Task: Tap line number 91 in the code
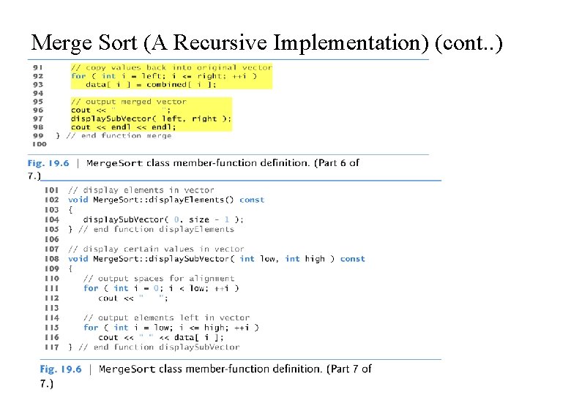tap(38, 67)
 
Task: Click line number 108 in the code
tap(51, 259)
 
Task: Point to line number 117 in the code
tap(51, 347)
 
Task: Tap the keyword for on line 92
tap(78, 76)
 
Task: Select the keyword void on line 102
tap(78, 200)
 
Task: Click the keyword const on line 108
tap(352, 259)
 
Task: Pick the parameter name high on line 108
tap(315, 259)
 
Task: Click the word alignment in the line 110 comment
tap(210, 279)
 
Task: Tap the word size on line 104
tap(198, 219)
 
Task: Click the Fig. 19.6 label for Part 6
tap(48, 163)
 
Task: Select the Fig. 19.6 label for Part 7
tap(60, 369)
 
